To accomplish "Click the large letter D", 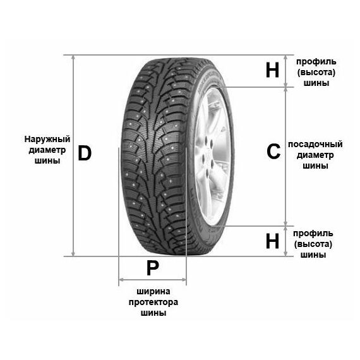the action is [85, 153].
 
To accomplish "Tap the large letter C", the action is [273, 152].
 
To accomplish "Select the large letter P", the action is [153, 268].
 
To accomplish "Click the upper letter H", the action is [272, 70].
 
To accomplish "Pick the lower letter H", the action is [272, 241].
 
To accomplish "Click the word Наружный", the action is [47, 139].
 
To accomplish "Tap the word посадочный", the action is [315, 145].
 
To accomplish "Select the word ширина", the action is [153, 292].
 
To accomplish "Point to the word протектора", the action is [153, 302].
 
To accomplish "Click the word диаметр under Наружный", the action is [47, 150].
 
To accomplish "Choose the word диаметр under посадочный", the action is [315, 155].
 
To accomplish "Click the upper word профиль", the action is [316, 62].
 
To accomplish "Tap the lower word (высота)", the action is [313, 244].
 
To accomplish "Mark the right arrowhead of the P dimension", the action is [184, 280].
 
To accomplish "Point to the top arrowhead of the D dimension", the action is [73, 57].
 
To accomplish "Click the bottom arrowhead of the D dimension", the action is [73, 254].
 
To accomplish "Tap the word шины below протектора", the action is [153, 313].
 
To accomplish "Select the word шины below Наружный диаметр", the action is [47, 160].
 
